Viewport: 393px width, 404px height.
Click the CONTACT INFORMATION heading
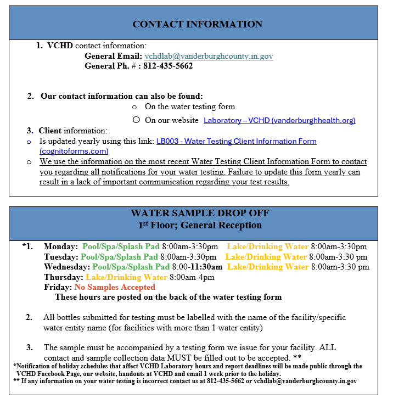[x=197, y=24]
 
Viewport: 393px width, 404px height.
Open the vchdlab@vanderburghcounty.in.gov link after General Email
[x=209, y=56]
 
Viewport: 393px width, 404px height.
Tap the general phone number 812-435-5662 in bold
[x=168, y=66]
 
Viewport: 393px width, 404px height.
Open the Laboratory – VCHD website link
[x=279, y=120]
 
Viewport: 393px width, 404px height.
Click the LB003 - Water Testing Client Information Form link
[x=237, y=141]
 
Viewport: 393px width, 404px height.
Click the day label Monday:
[x=60, y=246]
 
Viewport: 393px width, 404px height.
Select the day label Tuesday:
[x=61, y=256]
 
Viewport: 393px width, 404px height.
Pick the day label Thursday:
[x=64, y=277]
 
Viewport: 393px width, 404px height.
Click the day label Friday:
[x=58, y=287]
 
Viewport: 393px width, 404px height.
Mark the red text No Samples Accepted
[x=115, y=287]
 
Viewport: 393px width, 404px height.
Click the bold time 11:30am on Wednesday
[x=206, y=267]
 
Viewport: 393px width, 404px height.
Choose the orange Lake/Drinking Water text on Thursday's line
[x=126, y=277]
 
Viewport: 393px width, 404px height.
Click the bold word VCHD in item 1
[x=60, y=46]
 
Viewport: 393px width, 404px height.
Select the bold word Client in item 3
[x=50, y=131]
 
